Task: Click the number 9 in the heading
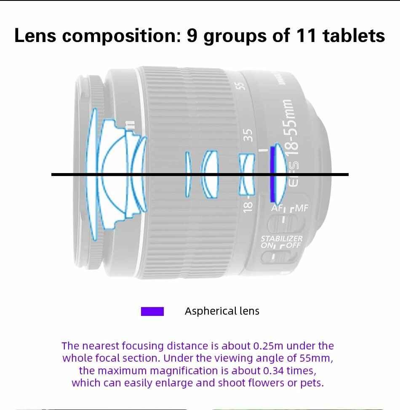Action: pyautogui.click(x=192, y=36)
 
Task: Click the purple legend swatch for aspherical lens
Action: pyautogui.click(x=152, y=311)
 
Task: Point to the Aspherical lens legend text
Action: pyautogui.click(x=222, y=311)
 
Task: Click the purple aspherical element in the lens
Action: pyautogui.click(x=272, y=173)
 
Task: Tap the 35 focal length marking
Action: pyautogui.click(x=248, y=135)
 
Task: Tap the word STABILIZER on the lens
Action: pyautogui.click(x=281, y=239)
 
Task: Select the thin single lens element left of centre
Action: pyautogui.click(x=188, y=173)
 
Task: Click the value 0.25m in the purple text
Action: pyautogui.click(x=268, y=346)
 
